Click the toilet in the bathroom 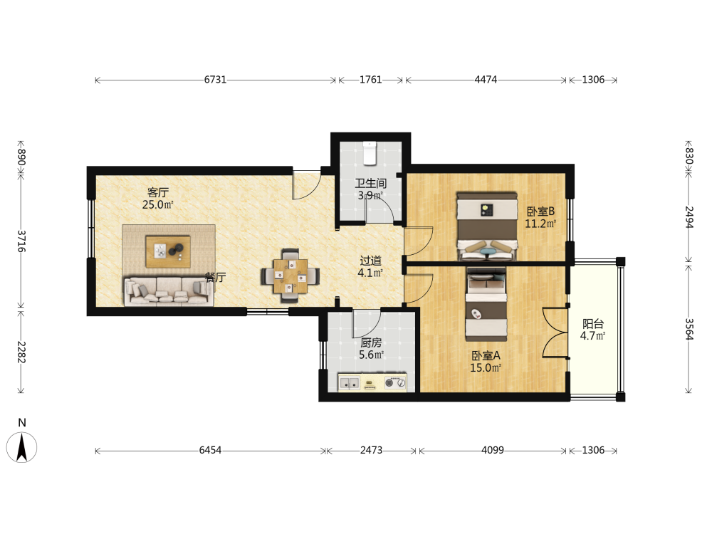coord(370,153)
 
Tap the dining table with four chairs coord(290,276)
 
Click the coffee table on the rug coord(168,251)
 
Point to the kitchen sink coord(349,383)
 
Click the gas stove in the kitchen coord(395,383)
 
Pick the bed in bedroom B coord(487,226)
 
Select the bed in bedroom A coord(486,304)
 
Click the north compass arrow coord(21,447)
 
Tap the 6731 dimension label coord(215,80)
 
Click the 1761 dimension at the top coord(370,80)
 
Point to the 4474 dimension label coord(486,80)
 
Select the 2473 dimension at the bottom coord(372,451)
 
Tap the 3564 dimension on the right coord(689,329)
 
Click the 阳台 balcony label coord(593,324)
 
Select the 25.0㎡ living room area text coord(157,205)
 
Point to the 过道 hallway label coord(370,261)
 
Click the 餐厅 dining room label coord(215,277)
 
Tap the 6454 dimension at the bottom coord(210,451)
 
